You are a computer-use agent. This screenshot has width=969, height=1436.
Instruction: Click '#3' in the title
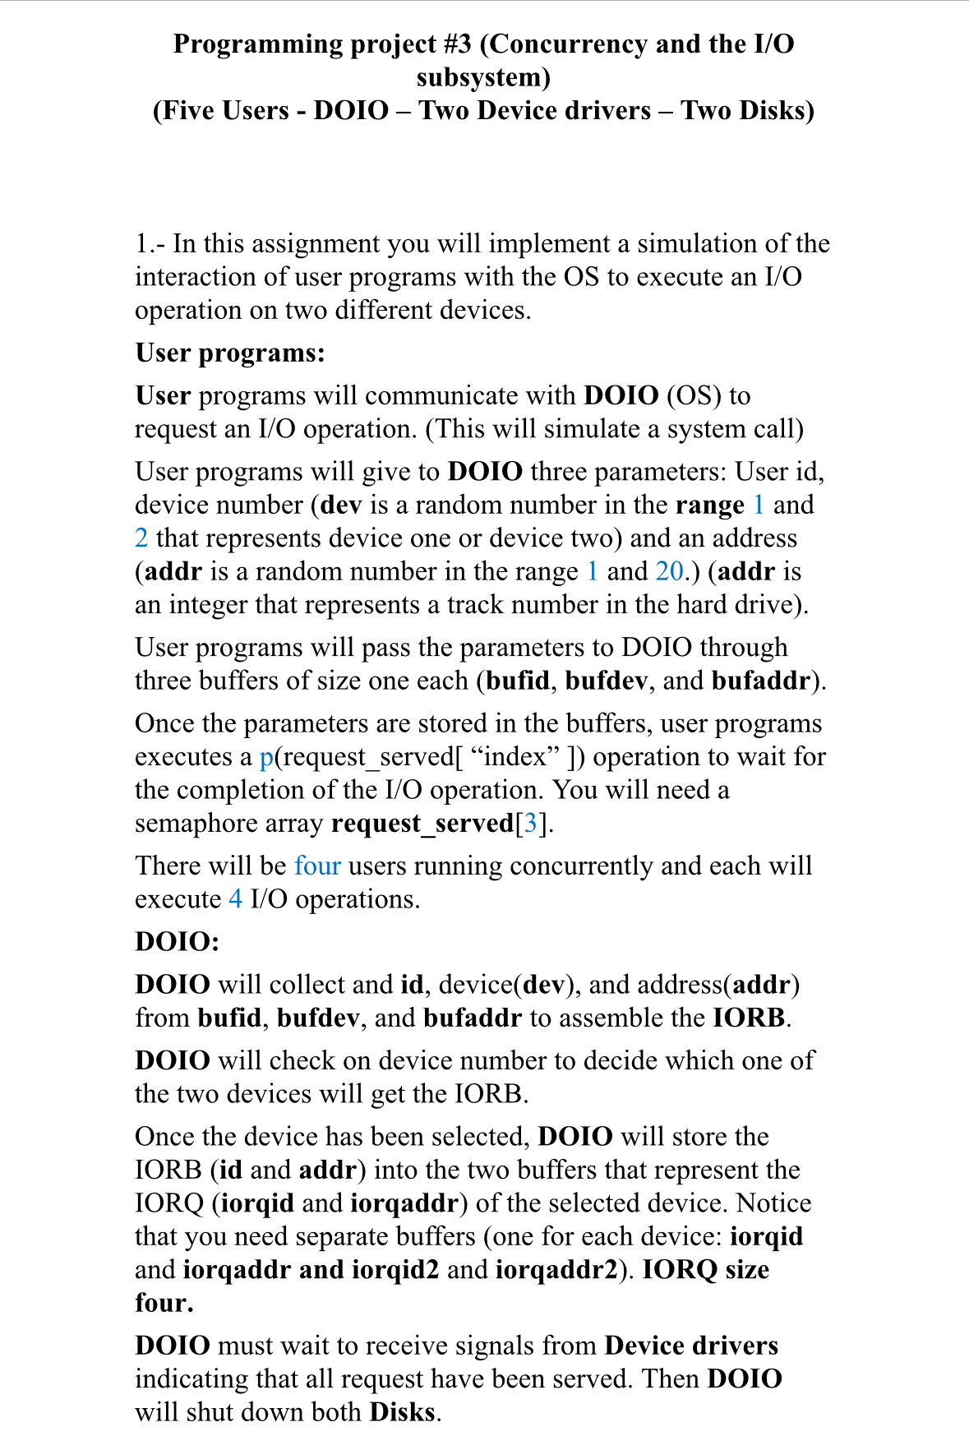(455, 44)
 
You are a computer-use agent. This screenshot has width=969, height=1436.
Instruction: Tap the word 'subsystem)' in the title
(483, 77)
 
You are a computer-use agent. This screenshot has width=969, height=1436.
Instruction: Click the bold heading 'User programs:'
(230, 353)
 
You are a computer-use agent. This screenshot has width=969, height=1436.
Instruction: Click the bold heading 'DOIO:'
(178, 941)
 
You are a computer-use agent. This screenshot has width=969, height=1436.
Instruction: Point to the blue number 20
(669, 571)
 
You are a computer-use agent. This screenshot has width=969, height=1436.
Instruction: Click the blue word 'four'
(317, 866)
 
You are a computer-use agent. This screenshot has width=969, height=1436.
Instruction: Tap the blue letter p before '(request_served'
(266, 757)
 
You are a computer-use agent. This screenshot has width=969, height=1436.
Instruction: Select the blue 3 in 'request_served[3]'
(531, 823)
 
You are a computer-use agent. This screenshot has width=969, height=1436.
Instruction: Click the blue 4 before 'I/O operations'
(235, 899)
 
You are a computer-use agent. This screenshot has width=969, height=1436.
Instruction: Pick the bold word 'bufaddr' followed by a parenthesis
(760, 681)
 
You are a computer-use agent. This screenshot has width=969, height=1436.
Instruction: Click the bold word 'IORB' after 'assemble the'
(749, 1018)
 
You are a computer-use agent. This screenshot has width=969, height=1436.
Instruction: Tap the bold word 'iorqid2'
(395, 1270)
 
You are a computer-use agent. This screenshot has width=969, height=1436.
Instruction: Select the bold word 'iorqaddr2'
(556, 1270)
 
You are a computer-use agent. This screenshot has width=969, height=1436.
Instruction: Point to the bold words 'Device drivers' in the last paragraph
(691, 1346)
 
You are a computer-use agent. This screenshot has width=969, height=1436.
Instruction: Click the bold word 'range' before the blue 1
(709, 505)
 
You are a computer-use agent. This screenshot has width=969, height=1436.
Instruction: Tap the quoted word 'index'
(515, 757)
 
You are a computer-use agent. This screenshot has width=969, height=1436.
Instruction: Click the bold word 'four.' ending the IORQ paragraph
(164, 1303)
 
